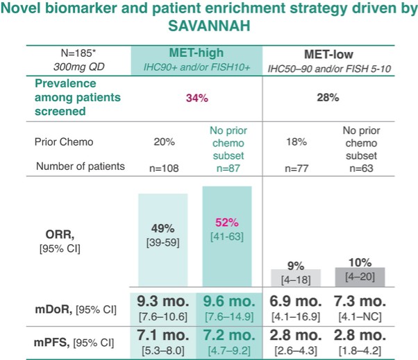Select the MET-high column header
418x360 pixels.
coord(196,53)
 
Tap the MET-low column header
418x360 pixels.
coord(338,53)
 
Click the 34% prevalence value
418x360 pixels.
coord(197,98)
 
